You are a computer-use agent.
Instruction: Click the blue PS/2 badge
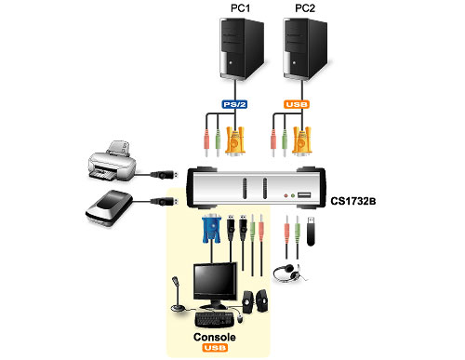pyautogui.click(x=232, y=106)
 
